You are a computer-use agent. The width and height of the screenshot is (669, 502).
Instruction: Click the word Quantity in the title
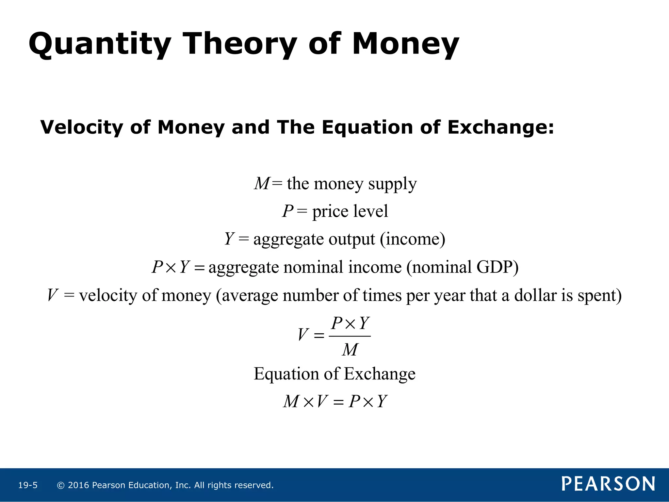(x=100, y=44)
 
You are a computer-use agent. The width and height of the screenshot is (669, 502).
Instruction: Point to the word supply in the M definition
(x=392, y=184)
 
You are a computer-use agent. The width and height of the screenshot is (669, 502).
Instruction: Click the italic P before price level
(x=288, y=211)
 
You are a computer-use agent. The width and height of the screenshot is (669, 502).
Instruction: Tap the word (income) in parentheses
(x=412, y=239)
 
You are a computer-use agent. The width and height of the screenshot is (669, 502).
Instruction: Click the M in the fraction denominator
(x=350, y=350)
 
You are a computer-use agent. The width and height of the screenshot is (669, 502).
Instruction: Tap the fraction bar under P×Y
(x=350, y=336)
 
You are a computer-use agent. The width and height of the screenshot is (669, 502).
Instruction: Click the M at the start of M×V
(x=291, y=402)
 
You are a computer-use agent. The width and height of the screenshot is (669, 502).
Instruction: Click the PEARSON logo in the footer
(x=608, y=484)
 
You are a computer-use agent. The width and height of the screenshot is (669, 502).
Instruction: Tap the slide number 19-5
(x=28, y=485)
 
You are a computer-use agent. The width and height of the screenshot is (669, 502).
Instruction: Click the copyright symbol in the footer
(x=60, y=485)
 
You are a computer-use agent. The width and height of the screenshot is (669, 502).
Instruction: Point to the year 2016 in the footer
(x=78, y=485)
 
